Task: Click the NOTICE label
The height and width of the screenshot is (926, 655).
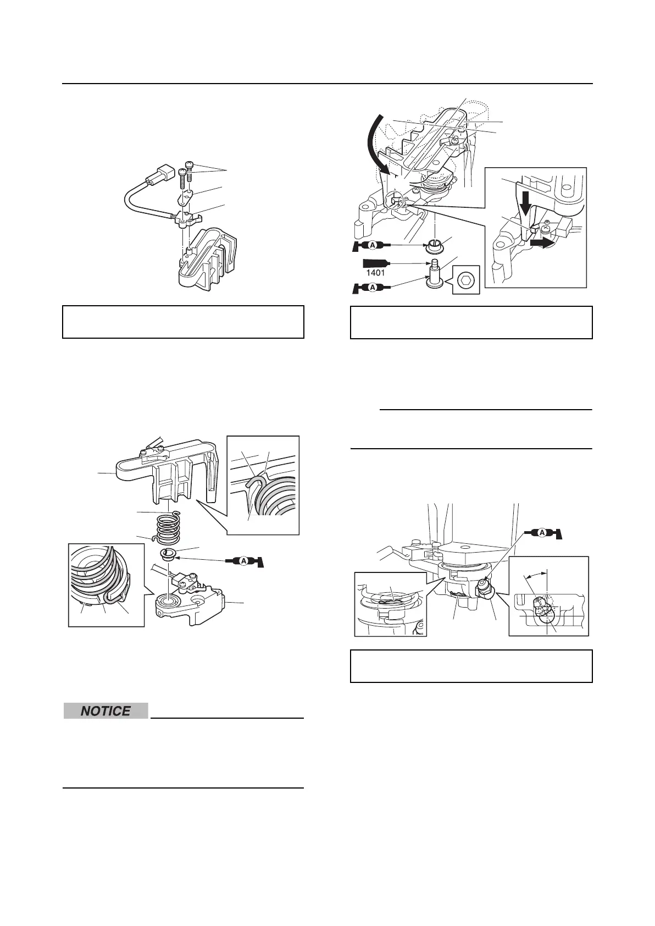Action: tap(106, 711)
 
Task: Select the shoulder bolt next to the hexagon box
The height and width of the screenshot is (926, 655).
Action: tap(434, 275)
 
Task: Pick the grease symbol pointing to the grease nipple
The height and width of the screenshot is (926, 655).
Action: tap(544, 533)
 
